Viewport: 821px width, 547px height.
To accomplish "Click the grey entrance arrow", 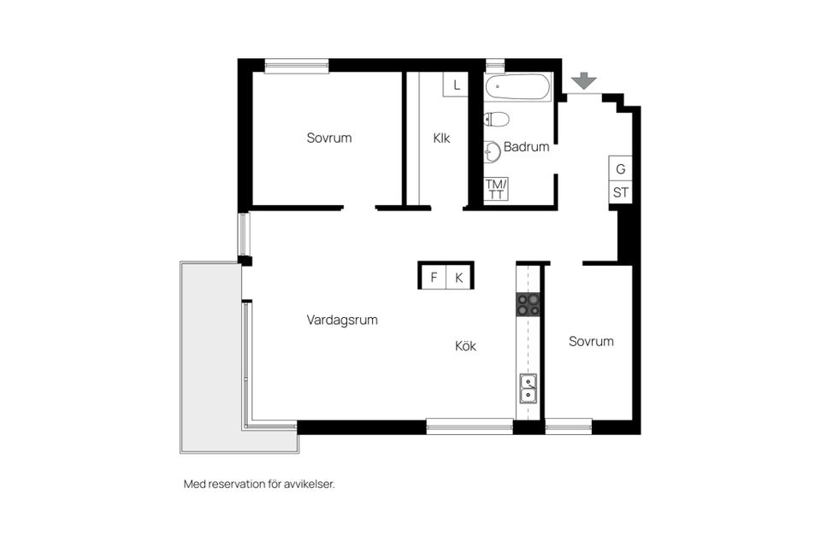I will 584,80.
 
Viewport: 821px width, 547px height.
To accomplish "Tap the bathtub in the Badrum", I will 518,87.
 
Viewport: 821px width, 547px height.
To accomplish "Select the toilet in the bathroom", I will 495,119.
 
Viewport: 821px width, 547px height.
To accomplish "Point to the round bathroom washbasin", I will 492,151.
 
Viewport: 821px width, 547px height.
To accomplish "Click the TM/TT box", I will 496,189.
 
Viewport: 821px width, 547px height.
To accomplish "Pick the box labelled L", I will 457,85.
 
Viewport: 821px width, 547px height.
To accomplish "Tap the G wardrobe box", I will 620,168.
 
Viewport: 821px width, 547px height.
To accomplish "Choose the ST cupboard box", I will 620,192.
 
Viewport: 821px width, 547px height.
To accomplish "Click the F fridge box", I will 434,277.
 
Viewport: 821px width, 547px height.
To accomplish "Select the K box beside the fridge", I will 458,277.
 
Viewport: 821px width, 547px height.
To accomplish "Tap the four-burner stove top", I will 528,304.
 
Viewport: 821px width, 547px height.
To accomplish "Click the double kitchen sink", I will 528,388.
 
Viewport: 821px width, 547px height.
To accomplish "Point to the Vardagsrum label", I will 342,320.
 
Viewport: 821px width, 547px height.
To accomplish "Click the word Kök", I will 465,346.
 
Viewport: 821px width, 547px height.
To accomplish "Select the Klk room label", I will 441,138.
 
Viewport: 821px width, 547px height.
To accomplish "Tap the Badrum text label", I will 526,147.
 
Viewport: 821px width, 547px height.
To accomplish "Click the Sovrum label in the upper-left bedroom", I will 329,138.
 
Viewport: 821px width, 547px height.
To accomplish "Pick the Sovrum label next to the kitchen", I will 591,341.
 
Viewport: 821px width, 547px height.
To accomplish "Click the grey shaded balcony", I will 210,359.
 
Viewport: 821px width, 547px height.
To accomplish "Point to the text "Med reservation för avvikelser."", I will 259,484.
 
